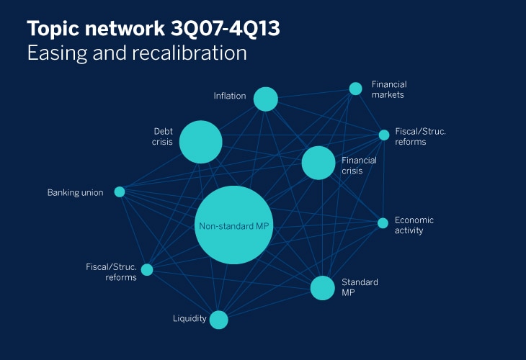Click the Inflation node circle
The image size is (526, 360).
(266, 99)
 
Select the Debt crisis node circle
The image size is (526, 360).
(200, 142)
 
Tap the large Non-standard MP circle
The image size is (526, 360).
(233, 225)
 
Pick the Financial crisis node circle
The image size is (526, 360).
(318, 163)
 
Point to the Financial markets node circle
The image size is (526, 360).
(355, 89)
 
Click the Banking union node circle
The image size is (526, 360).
(120, 192)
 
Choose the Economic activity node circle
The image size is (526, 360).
(383, 223)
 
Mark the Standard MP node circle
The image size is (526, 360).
(322, 288)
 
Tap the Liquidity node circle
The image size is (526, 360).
(219, 320)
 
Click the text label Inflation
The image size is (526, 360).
(230, 96)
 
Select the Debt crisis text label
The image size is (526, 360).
(162, 136)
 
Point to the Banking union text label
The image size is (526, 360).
(75, 192)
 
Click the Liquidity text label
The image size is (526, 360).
(190, 318)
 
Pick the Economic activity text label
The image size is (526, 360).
(414, 225)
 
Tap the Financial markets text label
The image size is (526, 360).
(389, 89)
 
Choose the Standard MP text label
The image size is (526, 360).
(360, 287)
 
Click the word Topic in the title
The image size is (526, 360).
(53, 30)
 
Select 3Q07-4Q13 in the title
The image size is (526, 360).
(225, 28)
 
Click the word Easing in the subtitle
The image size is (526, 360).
(57, 54)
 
